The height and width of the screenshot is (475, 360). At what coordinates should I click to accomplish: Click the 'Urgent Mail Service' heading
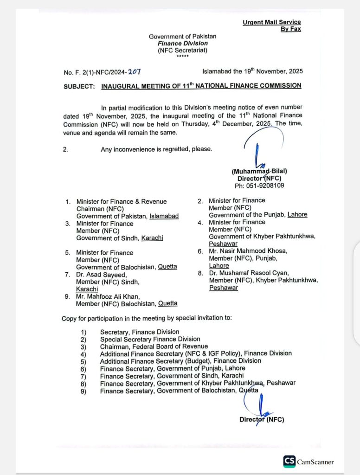[x=271, y=22]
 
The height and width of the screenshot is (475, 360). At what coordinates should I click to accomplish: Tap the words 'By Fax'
[x=290, y=29]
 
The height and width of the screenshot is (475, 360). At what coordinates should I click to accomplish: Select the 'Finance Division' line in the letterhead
[x=182, y=43]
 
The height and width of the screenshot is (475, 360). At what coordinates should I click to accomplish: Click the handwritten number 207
[x=135, y=72]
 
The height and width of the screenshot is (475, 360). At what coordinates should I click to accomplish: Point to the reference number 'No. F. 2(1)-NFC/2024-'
[x=95, y=72]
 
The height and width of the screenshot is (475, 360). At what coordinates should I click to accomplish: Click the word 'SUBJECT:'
[x=79, y=86]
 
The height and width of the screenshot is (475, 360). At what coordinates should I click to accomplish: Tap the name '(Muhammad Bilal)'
[x=259, y=171]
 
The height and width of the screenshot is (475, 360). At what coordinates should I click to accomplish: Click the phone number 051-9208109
[x=259, y=185]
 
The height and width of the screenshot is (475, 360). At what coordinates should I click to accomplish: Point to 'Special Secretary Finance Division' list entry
[x=150, y=339]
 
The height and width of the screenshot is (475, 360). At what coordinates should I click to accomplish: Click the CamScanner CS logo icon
[x=289, y=462]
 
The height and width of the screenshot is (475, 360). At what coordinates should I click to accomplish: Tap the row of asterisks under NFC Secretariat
[x=183, y=56]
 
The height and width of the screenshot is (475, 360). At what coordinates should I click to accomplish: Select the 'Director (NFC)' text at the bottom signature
[x=262, y=419]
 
